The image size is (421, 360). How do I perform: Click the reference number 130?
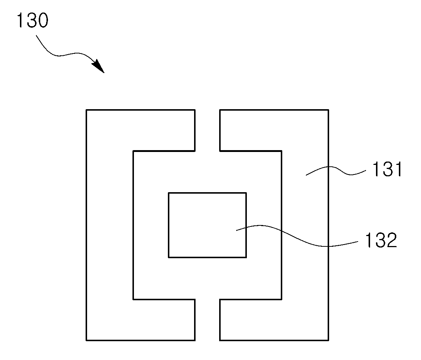pyautogui.click(x=32, y=21)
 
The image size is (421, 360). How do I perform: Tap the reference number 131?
pyautogui.click(x=387, y=169)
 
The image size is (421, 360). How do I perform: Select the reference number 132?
pyautogui.click(x=381, y=240)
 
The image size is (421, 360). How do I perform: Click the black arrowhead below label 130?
pyautogui.click(x=99, y=66)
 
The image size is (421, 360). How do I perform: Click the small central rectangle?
pyautogui.click(x=207, y=225)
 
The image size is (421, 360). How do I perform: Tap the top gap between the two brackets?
pyautogui.click(x=207, y=130)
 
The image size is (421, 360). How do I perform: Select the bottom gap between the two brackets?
pyautogui.click(x=207, y=320)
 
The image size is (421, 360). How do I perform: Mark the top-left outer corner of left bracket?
pyautogui.click(x=86, y=110)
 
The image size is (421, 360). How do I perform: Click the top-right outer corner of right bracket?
pyautogui.click(x=328, y=110)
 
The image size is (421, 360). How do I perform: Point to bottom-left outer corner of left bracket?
pyautogui.click(x=86, y=340)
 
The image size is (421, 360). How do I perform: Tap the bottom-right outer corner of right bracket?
pyautogui.click(x=328, y=340)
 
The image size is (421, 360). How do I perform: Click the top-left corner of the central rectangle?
pyautogui.click(x=169, y=193)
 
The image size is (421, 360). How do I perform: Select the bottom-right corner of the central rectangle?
pyautogui.click(x=246, y=257)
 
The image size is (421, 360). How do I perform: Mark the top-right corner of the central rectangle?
pyautogui.click(x=246, y=193)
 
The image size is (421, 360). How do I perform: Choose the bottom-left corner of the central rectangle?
pyautogui.click(x=169, y=257)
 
